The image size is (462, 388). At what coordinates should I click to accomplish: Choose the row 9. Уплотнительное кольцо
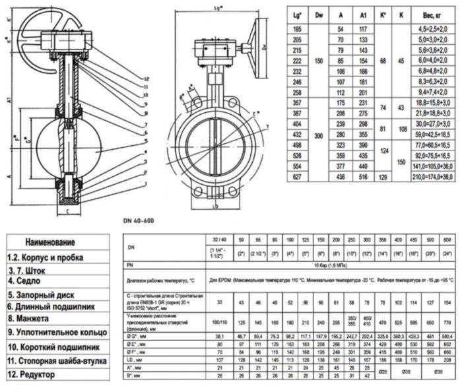pos(55,333)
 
